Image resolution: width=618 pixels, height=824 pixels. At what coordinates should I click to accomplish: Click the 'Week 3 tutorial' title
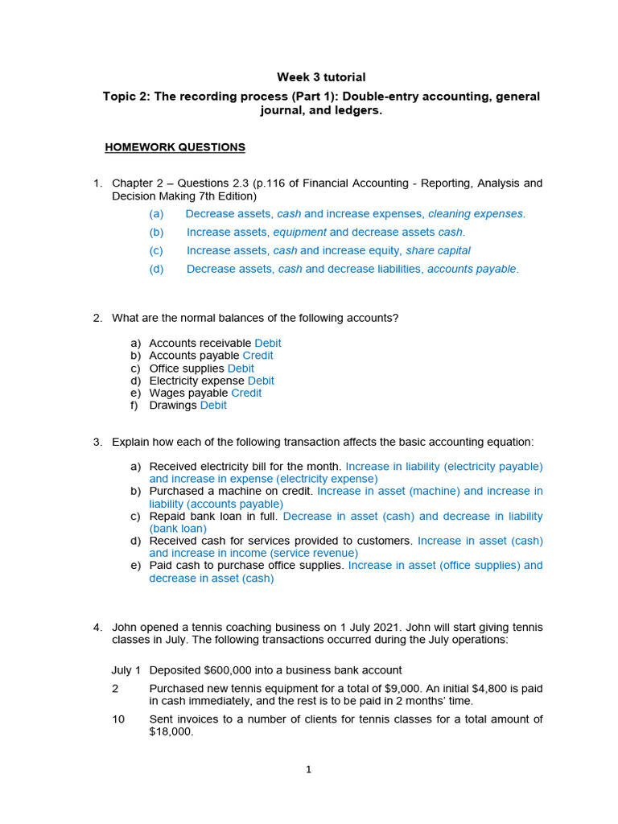tap(321, 77)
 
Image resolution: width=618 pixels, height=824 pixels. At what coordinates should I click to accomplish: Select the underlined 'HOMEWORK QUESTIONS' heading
tap(175, 147)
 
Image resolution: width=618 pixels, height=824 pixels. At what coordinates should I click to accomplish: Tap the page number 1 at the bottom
tap(308, 769)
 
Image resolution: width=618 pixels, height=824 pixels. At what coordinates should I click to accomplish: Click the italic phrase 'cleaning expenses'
tap(476, 214)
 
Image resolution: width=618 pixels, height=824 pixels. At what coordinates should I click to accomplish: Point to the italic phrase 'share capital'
tap(438, 250)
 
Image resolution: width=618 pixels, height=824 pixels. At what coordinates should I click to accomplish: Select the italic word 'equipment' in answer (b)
tap(299, 233)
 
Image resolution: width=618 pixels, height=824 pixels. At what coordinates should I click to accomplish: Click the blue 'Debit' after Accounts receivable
tap(268, 344)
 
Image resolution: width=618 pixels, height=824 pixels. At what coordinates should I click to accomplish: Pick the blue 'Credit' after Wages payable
tap(246, 393)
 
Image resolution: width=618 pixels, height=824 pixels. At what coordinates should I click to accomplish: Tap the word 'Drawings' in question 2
tap(173, 406)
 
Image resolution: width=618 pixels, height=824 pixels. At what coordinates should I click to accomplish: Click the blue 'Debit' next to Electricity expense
tap(261, 381)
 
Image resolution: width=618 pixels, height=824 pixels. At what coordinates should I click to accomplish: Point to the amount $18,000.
tap(171, 732)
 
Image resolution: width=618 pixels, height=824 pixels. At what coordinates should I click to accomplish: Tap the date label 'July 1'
tap(126, 670)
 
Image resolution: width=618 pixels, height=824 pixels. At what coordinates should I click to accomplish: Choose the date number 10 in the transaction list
tap(118, 719)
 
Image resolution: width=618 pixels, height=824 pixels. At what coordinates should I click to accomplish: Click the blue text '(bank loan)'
tap(178, 529)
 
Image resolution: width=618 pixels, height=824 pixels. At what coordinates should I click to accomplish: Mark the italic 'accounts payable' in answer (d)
tap(472, 269)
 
